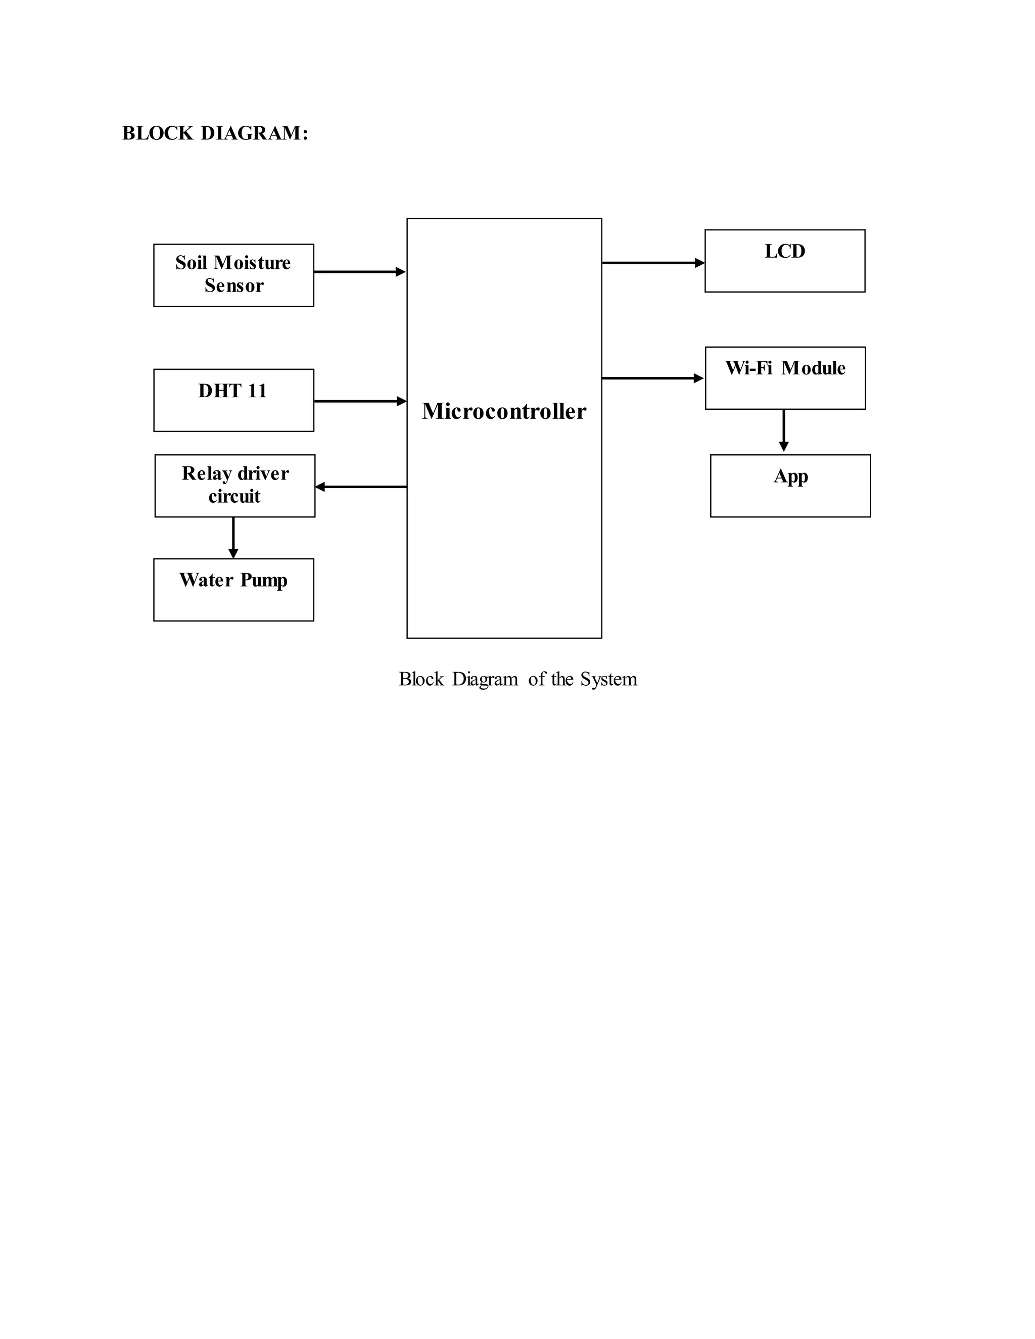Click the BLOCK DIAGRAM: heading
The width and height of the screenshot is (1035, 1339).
215,133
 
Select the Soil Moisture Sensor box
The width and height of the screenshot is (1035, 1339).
233,275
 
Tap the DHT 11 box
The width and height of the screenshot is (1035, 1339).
233,400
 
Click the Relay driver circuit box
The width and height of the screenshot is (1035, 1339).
235,486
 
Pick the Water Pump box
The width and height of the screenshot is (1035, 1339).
233,590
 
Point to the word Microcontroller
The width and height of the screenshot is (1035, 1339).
504,411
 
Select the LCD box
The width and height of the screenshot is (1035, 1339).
785,261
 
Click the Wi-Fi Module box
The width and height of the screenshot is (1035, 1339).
785,377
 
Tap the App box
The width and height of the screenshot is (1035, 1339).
790,486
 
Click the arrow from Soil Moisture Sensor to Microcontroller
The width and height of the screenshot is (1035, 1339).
359,272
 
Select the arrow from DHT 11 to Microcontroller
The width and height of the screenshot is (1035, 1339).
360,401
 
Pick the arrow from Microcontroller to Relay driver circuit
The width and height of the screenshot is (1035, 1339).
361,487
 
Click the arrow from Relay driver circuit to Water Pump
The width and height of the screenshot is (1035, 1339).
233,538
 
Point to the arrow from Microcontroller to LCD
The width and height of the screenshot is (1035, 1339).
653,263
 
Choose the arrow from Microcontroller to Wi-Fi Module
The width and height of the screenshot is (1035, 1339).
652,378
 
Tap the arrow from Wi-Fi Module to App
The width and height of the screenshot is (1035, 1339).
784,431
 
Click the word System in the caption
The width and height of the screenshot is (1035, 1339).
608,679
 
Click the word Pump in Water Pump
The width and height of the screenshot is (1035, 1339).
264,580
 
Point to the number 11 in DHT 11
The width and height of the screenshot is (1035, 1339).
257,391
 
